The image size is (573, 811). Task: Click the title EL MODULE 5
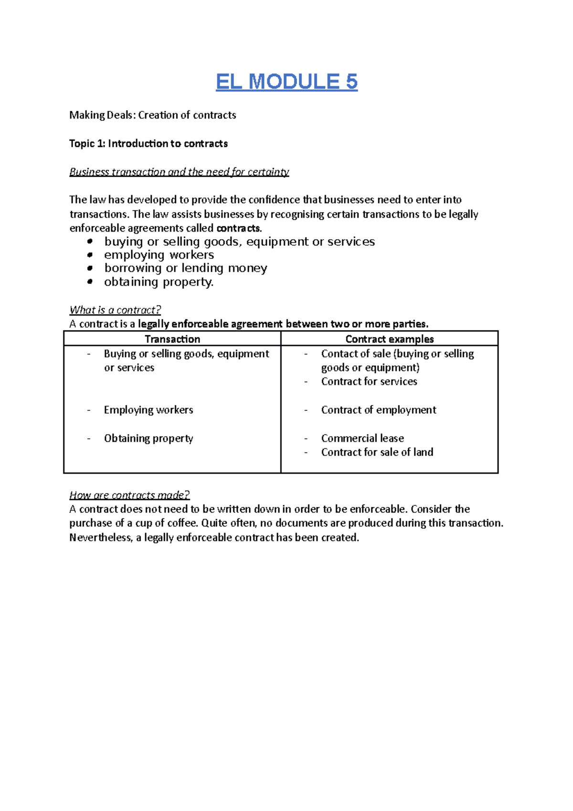[286, 82]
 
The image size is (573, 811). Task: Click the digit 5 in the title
[351, 82]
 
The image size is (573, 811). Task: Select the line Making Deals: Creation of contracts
[153, 115]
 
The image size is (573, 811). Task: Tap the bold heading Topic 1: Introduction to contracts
[149, 144]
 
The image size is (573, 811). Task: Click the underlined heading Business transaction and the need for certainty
[179, 172]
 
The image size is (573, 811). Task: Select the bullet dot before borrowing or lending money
[90, 268]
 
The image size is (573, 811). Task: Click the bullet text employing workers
[159, 255]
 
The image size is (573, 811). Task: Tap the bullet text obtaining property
[159, 282]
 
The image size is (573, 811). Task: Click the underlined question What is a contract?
[115, 310]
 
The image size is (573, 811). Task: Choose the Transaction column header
[172, 339]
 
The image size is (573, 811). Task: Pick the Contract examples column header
[390, 339]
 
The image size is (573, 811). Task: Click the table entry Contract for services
[369, 382]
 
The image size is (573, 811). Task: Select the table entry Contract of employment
[379, 410]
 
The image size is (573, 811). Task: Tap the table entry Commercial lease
[362, 438]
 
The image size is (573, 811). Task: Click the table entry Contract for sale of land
[377, 452]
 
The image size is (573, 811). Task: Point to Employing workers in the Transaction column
[149, 410]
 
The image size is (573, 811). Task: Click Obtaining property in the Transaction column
[149, 438]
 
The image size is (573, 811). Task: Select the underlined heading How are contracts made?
[129, 495]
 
